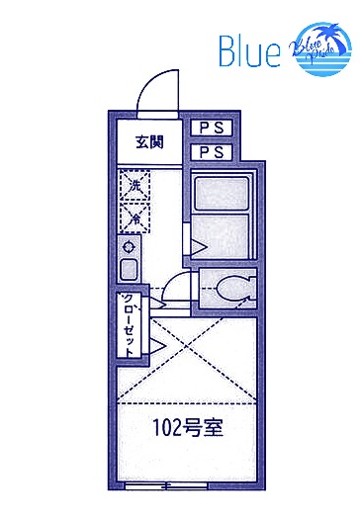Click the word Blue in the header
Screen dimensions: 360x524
(248, 52)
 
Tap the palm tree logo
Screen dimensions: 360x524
(318, 48)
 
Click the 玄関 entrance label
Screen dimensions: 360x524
(149, 141)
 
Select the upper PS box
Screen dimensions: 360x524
(211, 129)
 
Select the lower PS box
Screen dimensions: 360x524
(211, 152)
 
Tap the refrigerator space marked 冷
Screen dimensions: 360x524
(131, 216)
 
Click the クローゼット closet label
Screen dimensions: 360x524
(129, 324)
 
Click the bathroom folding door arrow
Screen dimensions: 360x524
(197, 244)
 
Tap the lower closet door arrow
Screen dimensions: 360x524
(156, 345)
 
